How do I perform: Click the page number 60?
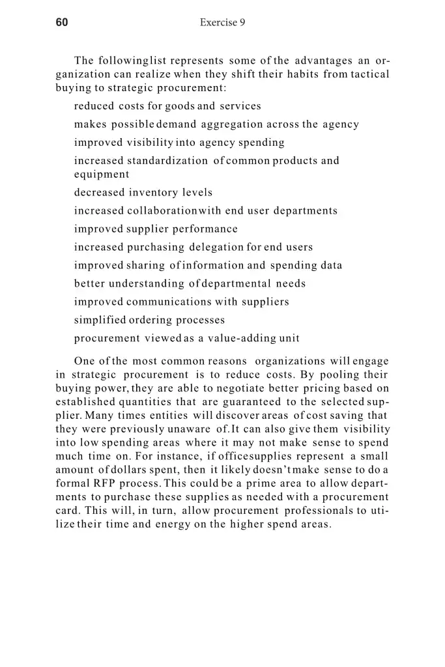click(x=62, y=23)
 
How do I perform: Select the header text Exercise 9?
click(x=222, y=23)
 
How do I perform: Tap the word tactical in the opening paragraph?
click(x=370, y=74)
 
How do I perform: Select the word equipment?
click(x=102, y=175)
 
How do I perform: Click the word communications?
click(x=167, y=302)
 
